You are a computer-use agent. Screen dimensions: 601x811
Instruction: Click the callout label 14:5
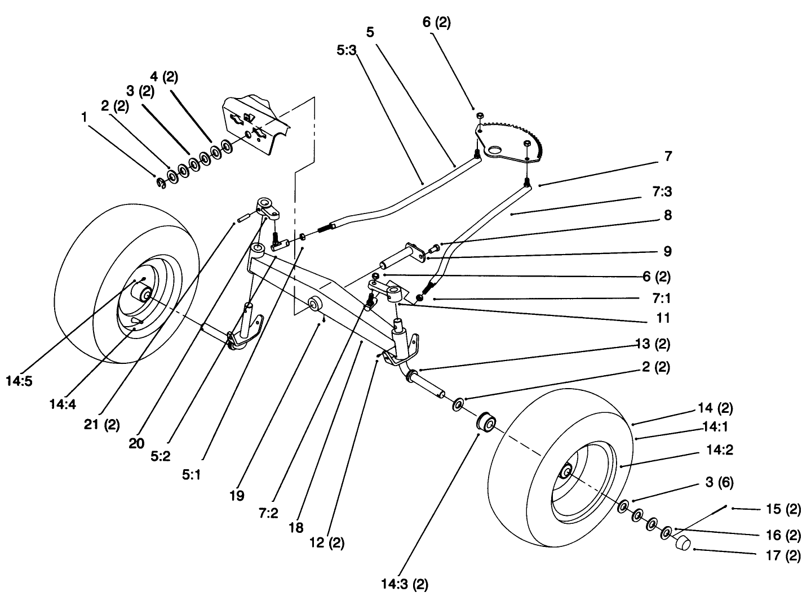point(20,381)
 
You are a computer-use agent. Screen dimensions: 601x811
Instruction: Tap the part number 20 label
point(136,443)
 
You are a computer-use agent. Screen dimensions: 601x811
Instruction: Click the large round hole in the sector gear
point(496,150)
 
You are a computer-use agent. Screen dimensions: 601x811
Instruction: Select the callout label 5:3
point(346,51)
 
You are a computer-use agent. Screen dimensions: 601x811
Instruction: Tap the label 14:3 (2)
point(404,585)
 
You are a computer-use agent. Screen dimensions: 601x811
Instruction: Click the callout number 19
point(237,496)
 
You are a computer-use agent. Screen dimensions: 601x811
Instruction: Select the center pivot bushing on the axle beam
point(314,305)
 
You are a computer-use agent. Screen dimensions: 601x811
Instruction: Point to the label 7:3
point(662,192)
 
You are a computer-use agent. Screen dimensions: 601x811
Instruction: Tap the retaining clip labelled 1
point(160,182)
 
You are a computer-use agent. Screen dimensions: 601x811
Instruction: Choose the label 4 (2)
point(163,77)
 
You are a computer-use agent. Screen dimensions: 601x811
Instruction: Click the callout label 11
point(663,318)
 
